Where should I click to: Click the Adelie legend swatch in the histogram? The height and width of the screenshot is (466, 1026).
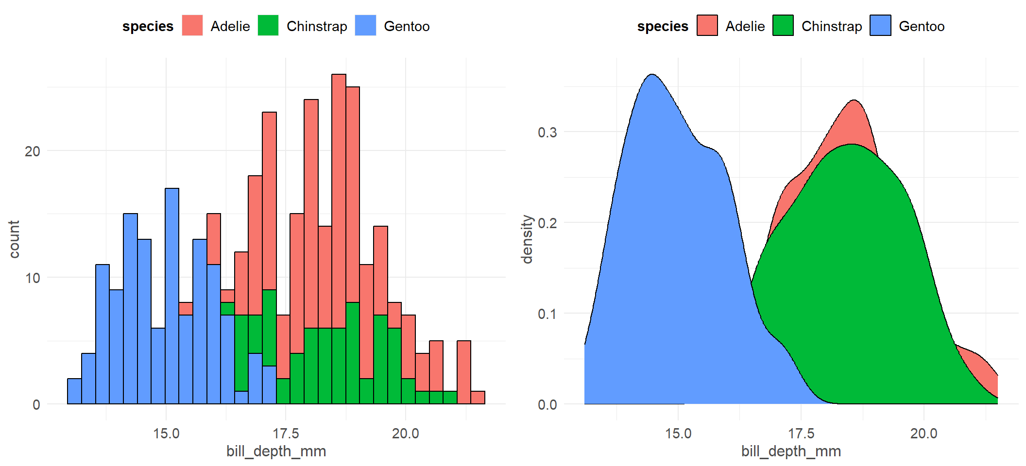(x=192, y=26)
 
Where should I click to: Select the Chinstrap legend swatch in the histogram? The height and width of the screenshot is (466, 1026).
(x=268, y=26)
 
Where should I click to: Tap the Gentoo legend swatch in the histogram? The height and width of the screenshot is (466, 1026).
(x=365, y=26)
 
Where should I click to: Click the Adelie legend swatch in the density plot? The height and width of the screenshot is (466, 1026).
(x=707, y=26)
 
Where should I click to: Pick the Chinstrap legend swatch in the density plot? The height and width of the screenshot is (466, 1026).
(x=783, y=26)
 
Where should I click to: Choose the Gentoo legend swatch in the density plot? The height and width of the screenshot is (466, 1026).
(x=880, y=26)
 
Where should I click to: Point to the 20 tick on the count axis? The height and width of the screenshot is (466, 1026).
(x=33, y=151)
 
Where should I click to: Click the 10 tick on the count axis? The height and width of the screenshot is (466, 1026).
(x=33, y=278)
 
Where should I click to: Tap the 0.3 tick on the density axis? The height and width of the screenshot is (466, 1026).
(x=547, y=133)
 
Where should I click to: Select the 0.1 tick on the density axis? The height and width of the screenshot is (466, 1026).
(x=547, y=314)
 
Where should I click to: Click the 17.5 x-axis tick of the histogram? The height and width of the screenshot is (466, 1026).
(x=286, y=433)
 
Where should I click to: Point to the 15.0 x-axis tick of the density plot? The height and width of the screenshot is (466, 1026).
(x=678, y=433)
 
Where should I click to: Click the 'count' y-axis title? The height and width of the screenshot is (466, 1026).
(x=14, y=239)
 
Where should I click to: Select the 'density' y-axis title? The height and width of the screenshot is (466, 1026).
(x=527, y=239)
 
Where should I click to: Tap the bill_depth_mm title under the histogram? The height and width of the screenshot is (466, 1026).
(x=276, y=451)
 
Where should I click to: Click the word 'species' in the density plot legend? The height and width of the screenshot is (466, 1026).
(x=663, y=26)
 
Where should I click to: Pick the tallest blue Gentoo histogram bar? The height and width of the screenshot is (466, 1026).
(x=172, y=296)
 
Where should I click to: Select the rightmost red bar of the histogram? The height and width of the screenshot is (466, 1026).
(x=478, y=398)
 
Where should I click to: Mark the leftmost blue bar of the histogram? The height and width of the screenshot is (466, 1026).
(x=74, y=391)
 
